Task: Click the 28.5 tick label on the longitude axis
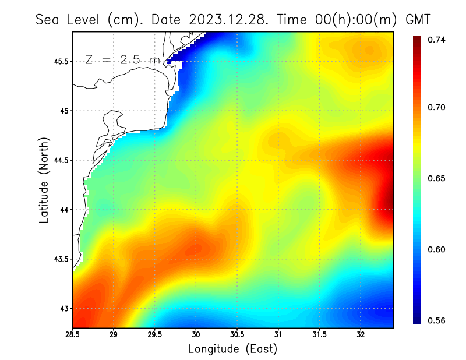(72, 335)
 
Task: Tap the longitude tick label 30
(196, 335)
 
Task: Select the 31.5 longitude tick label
(319, 335)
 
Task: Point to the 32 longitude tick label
(361, 335)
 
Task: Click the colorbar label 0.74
(436, 40)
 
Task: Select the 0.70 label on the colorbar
(436, 107)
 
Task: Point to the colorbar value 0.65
(436, 178)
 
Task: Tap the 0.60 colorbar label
(436, 249)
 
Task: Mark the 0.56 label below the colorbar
(436, 320)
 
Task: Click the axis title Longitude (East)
(232, 349)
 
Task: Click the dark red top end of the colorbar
(417, 40)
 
